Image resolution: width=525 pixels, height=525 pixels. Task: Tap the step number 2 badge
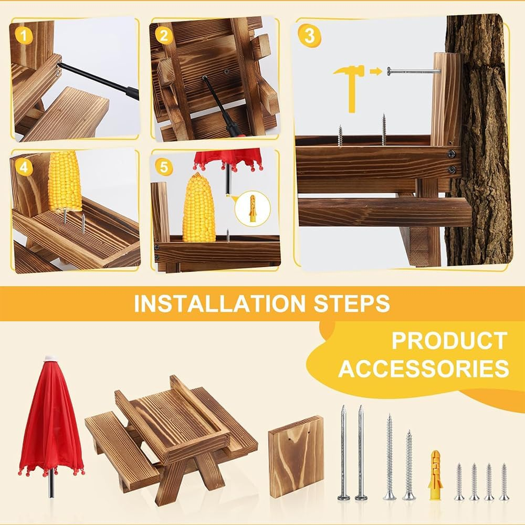[x=164, y=36]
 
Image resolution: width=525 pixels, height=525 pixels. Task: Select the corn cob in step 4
[x=65, y=181]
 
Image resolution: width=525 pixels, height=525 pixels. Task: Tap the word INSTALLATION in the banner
[x=218, y=304]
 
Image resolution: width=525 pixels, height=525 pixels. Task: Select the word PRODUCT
[x=449, y=341]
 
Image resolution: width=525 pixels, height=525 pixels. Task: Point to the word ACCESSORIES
[x=424, y=369]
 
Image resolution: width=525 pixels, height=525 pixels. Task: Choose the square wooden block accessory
[x=296, y=456]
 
